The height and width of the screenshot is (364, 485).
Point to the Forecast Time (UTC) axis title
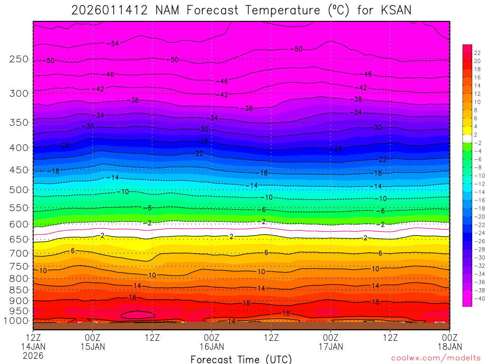tap(241, 359)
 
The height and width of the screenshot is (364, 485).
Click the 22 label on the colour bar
tap(477, 53)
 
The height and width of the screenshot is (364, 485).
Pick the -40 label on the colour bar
tap(477, 298)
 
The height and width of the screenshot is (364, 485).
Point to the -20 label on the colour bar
tap(477, 217)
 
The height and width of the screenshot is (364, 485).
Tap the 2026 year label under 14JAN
tap(33, 355)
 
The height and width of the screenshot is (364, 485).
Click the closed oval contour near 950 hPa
tap(138, 314)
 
